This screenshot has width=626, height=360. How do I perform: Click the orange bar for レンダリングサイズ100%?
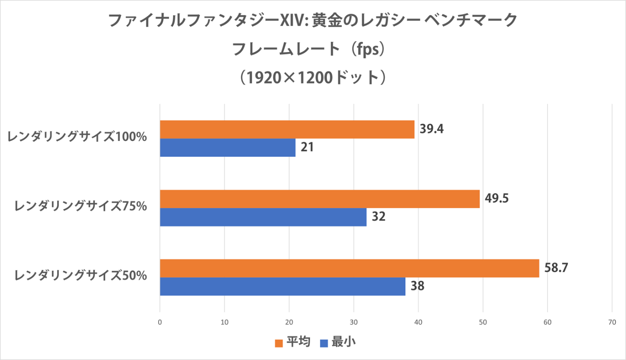(x=287, y=129)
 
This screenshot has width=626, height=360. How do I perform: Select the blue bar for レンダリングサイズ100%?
(x=228, y=148)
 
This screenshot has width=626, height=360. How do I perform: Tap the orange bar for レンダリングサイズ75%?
(x=320, y=199)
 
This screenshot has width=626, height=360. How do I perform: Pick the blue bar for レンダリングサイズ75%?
(x=263, y=217)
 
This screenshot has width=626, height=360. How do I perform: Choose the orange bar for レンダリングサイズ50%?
(x=349, y=268)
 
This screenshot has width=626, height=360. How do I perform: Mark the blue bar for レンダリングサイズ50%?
(x=282, y=287)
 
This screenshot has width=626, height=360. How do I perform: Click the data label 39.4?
(x=432, y=129)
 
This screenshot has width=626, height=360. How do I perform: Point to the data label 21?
(x=307, y=147)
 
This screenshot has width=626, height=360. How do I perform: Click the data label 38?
(x=417, y=286)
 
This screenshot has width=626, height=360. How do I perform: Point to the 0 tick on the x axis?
(x=160, y=322)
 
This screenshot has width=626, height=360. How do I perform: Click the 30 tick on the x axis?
(x=354, y=322)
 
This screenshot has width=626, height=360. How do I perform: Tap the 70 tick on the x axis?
(x=612, y=322)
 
